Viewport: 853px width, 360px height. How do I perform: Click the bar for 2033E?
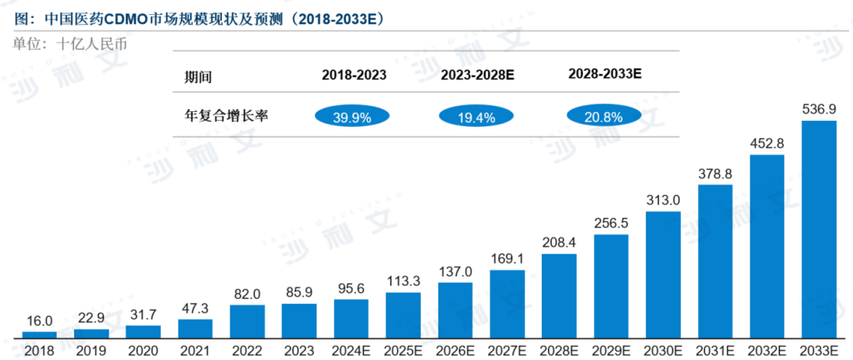[x=819, y=229]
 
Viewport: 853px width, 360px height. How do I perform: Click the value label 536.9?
[x=819, y=109]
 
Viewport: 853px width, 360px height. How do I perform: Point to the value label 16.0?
[x=39, y=321]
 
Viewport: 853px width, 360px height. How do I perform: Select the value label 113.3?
[x=403, y=282]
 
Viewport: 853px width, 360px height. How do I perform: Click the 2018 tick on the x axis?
[x=39, y=350]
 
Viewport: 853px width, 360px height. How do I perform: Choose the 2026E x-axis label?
[x=455, y=350]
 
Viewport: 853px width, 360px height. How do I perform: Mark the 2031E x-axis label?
[x=715, y=350]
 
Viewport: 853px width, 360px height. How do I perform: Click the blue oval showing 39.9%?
[x=353, y=118]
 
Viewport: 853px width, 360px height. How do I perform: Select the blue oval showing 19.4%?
[x=477, y=118]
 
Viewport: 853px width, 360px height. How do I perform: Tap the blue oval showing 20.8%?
[x=604, y=117]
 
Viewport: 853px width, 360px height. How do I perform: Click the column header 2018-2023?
[x=354, y=76]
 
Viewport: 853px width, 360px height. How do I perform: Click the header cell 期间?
[x=198, y=77]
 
